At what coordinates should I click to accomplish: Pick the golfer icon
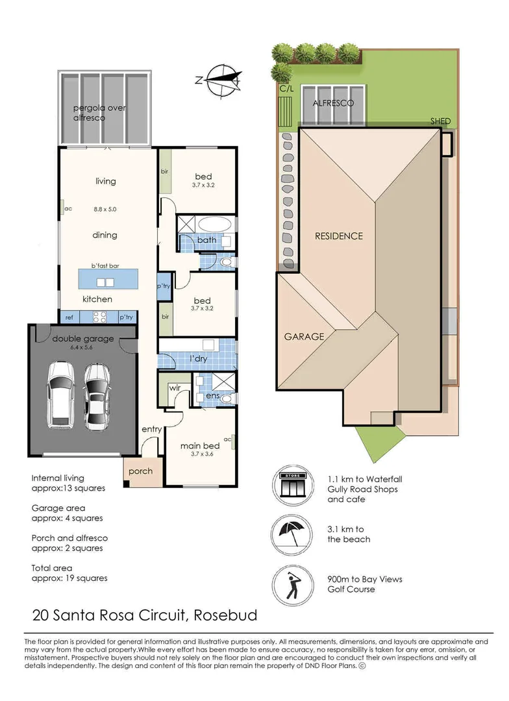(293, 585)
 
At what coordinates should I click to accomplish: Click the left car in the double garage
(61, 395)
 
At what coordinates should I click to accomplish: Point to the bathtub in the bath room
(215, 224)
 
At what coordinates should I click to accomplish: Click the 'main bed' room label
(200, 446)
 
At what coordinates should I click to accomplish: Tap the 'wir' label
(175, 388)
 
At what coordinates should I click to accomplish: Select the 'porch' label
(140, 471)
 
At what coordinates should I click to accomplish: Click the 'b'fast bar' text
(106, 265)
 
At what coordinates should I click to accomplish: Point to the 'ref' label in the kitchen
(69, 317)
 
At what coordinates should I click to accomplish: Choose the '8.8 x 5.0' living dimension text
(105, 209)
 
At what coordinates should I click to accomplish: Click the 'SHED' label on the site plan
(441, 121)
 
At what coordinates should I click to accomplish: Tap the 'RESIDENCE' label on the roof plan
(339, 236)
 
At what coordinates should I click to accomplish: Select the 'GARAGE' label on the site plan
(304, 337)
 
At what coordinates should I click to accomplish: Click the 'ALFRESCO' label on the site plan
(333, 103)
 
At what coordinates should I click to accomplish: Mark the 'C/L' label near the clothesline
(287, 88)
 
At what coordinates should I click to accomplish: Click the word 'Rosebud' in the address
(225, 615)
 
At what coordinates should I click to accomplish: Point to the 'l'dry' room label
(198, 358)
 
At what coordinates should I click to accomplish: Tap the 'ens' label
(212, 396)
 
